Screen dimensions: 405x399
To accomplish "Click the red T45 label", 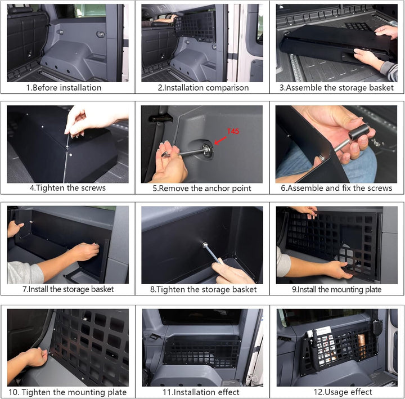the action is click(233, 132).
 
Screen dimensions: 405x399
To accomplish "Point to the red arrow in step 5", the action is click(220, 141).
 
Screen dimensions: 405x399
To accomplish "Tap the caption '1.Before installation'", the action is click(64, 88).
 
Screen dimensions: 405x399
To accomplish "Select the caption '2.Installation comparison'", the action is click(203, 88).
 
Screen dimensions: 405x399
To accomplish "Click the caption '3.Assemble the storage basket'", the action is click(336, 88).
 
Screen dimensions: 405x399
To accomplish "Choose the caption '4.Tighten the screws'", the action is click(67, 188).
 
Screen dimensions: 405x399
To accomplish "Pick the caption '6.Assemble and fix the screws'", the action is click(336, 188).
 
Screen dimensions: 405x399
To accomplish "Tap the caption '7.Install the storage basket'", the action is click(68, 289).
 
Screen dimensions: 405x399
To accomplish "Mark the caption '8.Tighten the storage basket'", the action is click(204, 289).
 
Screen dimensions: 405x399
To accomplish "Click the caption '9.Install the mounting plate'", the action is click(337, 289).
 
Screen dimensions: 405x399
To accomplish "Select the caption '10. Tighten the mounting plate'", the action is click(67, 392).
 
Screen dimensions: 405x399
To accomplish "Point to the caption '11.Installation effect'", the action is click(201, 392).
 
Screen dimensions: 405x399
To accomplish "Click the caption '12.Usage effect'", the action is click(343, 392).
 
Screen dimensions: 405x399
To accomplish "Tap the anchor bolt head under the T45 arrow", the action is click(207, 150).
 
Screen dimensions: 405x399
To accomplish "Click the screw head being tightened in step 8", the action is click(205, 244).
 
